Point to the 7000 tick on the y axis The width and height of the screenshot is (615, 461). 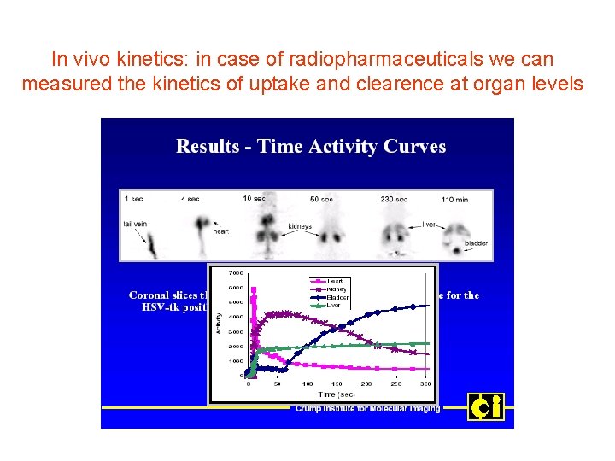236,273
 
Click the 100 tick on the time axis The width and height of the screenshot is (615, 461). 307,385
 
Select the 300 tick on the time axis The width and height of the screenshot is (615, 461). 426,385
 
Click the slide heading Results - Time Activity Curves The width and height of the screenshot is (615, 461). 311,147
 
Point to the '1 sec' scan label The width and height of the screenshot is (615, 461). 134,198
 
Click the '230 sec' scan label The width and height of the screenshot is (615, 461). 395,198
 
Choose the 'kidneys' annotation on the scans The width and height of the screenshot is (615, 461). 300,226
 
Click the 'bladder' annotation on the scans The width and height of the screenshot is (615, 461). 476,243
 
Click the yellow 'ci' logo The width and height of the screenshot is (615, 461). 485,406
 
